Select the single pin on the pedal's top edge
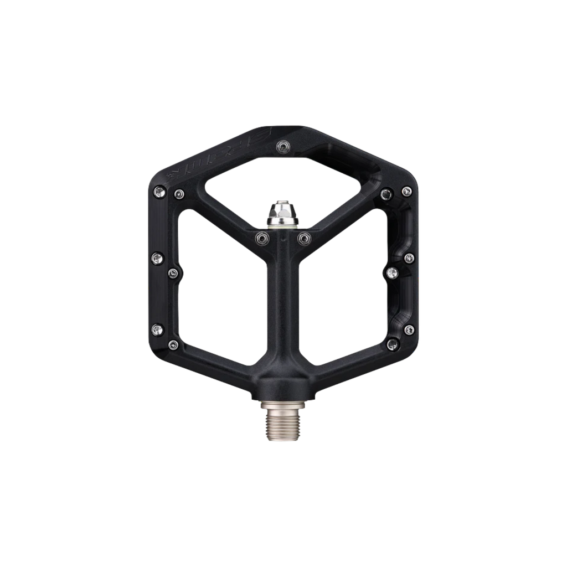pyautogui.click(x=282, y=146)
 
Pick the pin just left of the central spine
pyautogui.click(x=260, y=238)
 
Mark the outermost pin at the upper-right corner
pyautogui.click(x=407, y=192)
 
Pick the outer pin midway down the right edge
pyautogui.click(x=409, y=257)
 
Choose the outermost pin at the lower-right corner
pyautogui.click(x=409, y=329)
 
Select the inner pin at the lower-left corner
pyautogui.click(x=172, y=344)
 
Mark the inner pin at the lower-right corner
pyautogui.click(x=393, y=344)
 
